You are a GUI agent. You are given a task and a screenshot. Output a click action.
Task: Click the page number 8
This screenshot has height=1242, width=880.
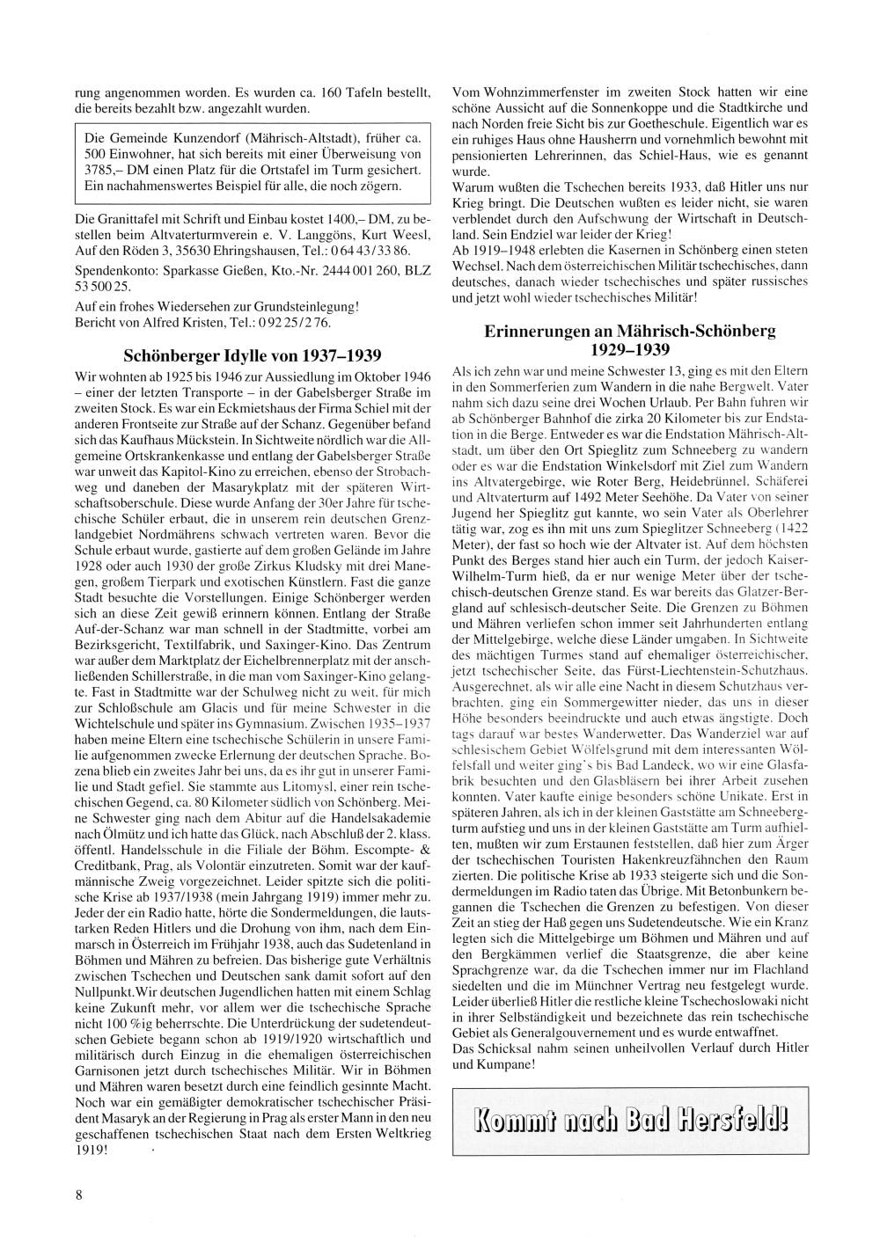79,1194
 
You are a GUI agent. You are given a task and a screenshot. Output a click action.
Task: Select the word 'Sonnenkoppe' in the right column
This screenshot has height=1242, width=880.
606,107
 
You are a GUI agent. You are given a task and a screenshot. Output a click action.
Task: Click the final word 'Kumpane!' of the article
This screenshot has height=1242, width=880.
506,1065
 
